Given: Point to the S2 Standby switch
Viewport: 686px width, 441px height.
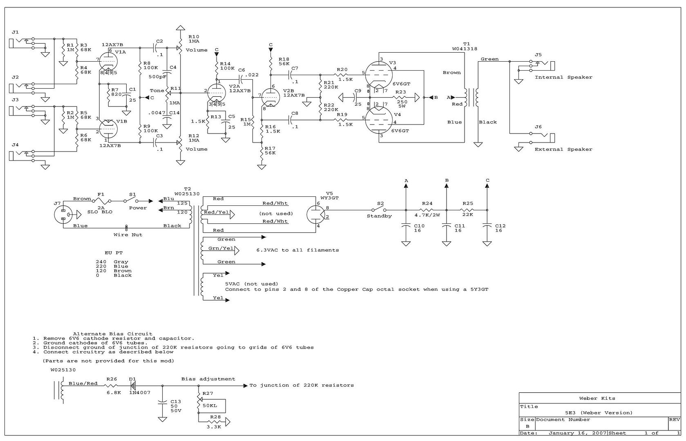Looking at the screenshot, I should (x=380, y=210).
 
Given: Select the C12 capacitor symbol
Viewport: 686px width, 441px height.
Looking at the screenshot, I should (x=487, y=225).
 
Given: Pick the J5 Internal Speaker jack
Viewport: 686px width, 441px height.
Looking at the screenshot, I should (x=543, y=65).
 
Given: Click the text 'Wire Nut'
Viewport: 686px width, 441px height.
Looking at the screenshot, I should (x=128, y=235).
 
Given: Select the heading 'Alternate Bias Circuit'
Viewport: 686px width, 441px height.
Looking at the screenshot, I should (x=113, y=334).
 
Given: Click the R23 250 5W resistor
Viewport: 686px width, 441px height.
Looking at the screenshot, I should (x=401, y=98).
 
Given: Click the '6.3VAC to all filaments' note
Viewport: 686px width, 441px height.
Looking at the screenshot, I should (x=297, y=250).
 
